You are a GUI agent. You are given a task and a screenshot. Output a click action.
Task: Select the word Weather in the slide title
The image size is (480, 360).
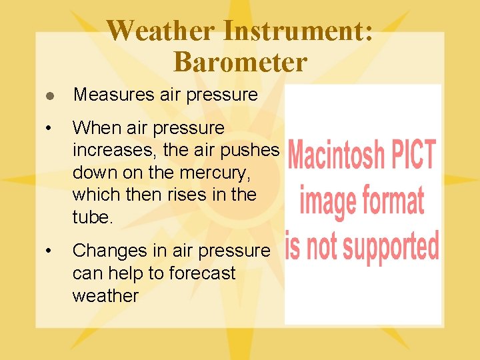(160, 31)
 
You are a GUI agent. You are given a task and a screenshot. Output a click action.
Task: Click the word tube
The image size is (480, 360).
(93, 218)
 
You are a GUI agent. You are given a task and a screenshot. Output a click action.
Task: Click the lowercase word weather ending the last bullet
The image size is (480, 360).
(105, 296)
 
